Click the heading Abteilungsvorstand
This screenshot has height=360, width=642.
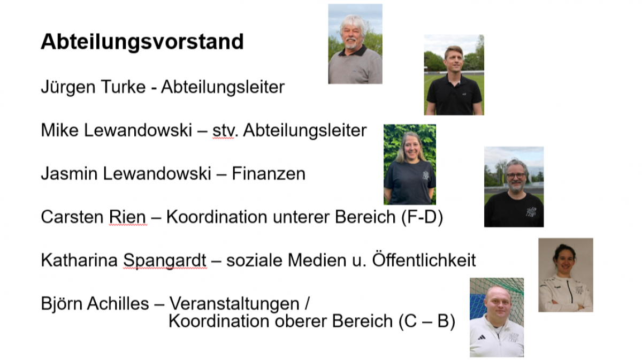(142, 42)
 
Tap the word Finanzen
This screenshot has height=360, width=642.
(269, 174)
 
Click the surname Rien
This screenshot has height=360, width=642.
(127, 217)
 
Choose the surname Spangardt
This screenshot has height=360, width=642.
(165, 261)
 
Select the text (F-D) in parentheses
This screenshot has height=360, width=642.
(422, 217)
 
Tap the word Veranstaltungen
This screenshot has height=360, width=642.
(234, 304)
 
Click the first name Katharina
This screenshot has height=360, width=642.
(79, 261)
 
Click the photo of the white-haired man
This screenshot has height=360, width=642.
(355, 44)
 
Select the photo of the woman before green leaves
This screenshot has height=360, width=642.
(410, 165)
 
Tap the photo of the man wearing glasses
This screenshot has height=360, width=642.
(514, 187)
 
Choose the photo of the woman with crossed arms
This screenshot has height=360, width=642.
(566, 275)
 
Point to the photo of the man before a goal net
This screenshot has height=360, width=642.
(496, 317)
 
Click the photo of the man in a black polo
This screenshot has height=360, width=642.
(454, 75)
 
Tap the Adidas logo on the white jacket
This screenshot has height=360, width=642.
(481, 338)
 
